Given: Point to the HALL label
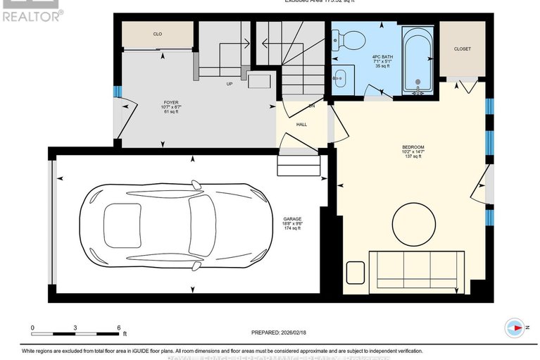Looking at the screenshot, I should (301, 124).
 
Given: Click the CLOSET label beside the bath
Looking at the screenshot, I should (462, 49).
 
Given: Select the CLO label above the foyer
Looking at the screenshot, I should (157, 33).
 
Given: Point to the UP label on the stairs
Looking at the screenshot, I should (229, 83).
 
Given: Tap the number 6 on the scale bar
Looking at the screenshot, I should (119, 328).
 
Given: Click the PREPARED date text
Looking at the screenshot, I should (280, 333).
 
